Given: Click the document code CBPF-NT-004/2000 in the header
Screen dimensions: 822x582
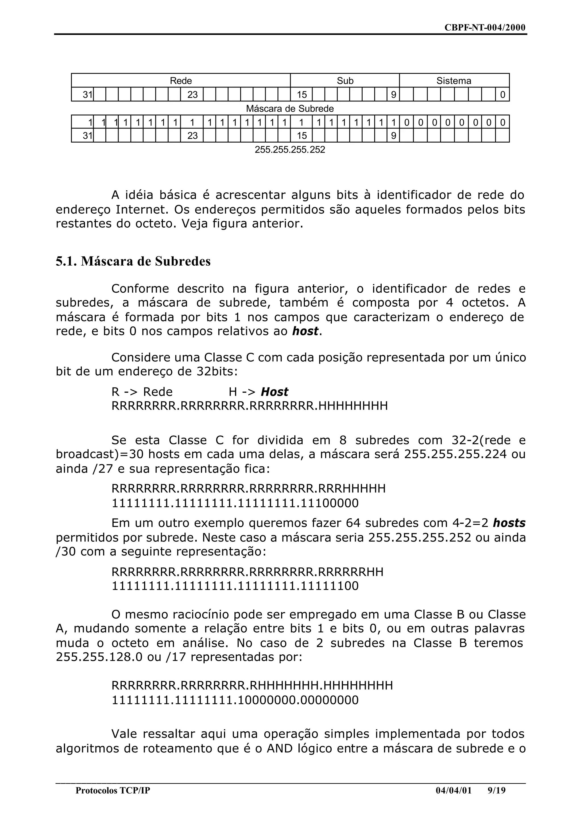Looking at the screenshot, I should [x=485, y=28].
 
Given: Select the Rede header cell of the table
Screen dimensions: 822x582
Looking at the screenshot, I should [x=181, y=81].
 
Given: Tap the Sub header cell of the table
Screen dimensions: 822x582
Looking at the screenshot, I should [x=345, y=81].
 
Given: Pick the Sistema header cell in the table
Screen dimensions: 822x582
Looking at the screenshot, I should [x=454, y=81].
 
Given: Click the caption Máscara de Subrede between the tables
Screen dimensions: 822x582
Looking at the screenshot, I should [x=290, y=109].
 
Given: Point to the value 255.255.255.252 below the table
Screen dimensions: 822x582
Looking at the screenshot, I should [x=290, y=149].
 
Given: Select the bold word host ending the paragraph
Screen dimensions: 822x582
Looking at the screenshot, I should [x=305, y=332].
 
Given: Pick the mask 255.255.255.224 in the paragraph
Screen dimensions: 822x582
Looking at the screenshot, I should [x=455, y=454].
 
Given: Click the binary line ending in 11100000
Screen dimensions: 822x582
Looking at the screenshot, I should [x=235, y=503].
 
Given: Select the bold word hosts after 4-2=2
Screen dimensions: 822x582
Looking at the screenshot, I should [x=509, y=523].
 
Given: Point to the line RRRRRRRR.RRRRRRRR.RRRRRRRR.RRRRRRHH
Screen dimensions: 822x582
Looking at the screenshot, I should [x=247, y=572].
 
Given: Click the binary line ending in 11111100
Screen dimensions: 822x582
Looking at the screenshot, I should [x=235, y=586].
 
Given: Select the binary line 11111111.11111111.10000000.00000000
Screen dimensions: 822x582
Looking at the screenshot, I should [x=235, y=700].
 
